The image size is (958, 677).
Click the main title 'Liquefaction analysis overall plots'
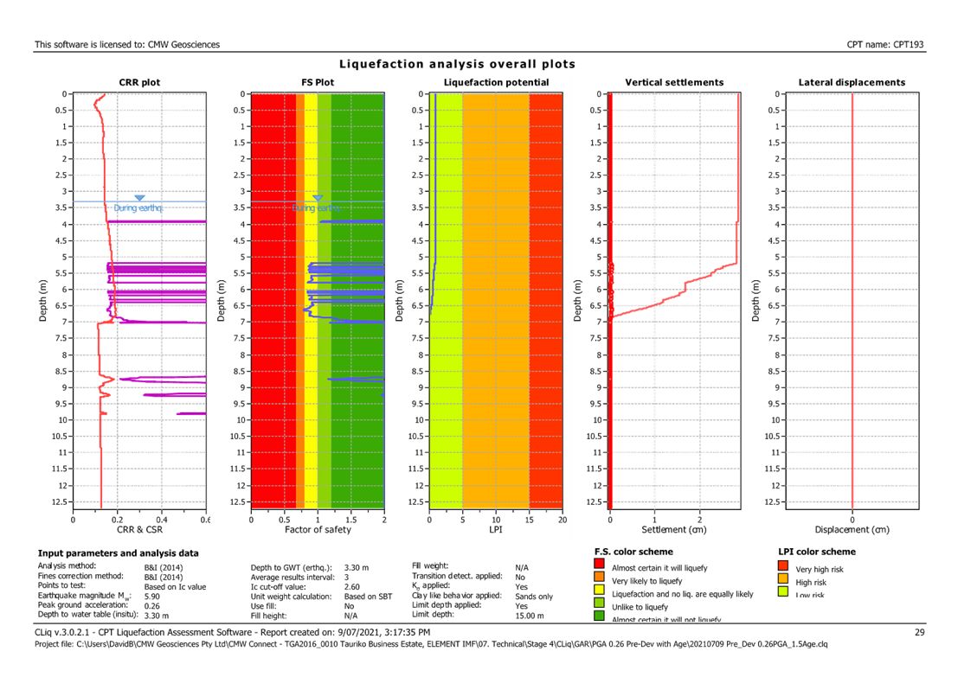tap(457, 64)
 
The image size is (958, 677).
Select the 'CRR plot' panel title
tap(139, 83)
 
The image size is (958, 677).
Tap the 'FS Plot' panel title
tap(317, 83)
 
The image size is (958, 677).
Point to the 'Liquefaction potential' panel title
tap(495, 83)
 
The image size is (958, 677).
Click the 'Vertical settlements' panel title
tap(674, 83)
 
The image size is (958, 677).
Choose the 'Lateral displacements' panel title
tap(852, 83)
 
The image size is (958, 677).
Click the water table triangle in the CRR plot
tap(139, 199)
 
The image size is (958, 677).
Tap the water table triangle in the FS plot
tap(318, 199)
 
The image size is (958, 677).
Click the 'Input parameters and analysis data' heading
tap(118, 552)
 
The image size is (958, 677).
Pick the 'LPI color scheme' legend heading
tap(817, 552)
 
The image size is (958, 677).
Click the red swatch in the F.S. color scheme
tap(600, 567)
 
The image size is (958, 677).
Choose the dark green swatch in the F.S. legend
tap(600, 617)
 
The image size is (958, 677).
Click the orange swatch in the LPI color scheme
tap(782, 580)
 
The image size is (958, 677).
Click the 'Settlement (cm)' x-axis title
tap(674, 529)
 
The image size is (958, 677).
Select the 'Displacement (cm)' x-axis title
tap(852, 529)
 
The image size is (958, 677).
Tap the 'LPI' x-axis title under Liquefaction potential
tap(496, 529)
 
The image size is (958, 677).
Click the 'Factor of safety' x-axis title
tap(318, 529)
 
